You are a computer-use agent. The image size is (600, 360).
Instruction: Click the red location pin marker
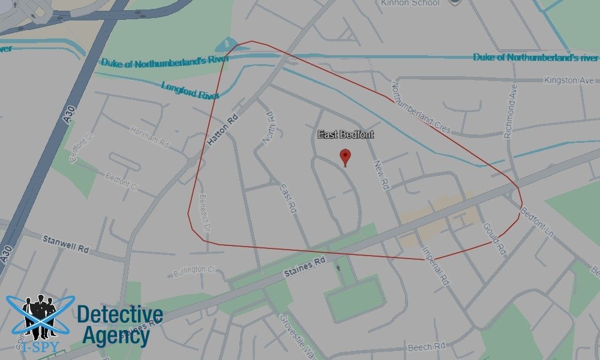[345, 158]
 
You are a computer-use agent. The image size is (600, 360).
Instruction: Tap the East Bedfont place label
[346, 134]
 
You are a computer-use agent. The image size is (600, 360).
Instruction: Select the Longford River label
[190, 90]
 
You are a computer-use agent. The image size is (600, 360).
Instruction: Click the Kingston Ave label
[568, 80]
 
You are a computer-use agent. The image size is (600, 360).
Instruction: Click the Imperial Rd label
[435, 264]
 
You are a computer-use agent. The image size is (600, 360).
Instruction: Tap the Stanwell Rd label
[65, 243]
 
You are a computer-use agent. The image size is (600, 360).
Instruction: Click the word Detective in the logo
[120, 315]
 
